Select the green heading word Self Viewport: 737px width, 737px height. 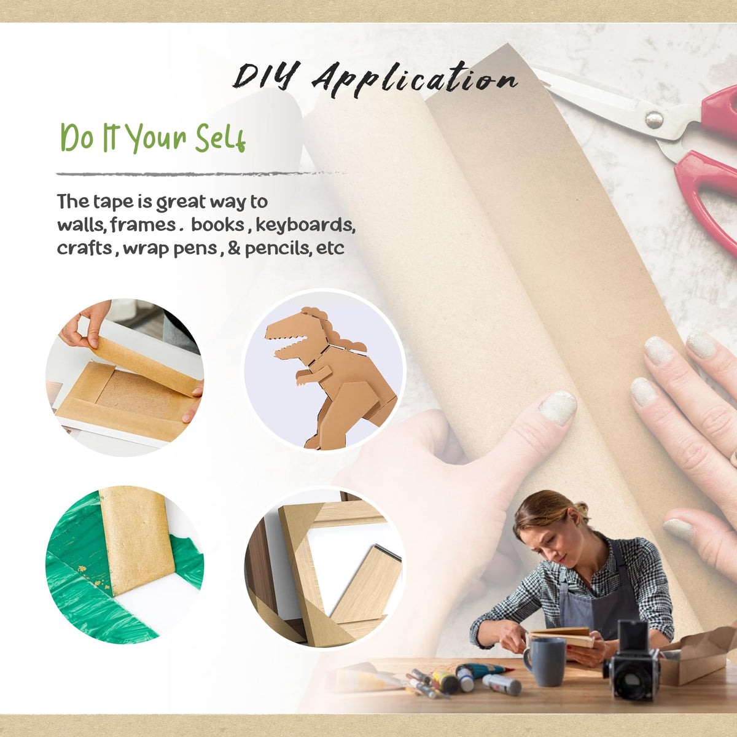tap(220, 138)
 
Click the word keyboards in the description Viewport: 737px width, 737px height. tap(305, 225)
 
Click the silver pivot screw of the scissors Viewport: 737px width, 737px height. tap(654, 120)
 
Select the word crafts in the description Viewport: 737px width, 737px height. tap(85, 249)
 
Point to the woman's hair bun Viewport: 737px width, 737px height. tap(580, 509)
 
